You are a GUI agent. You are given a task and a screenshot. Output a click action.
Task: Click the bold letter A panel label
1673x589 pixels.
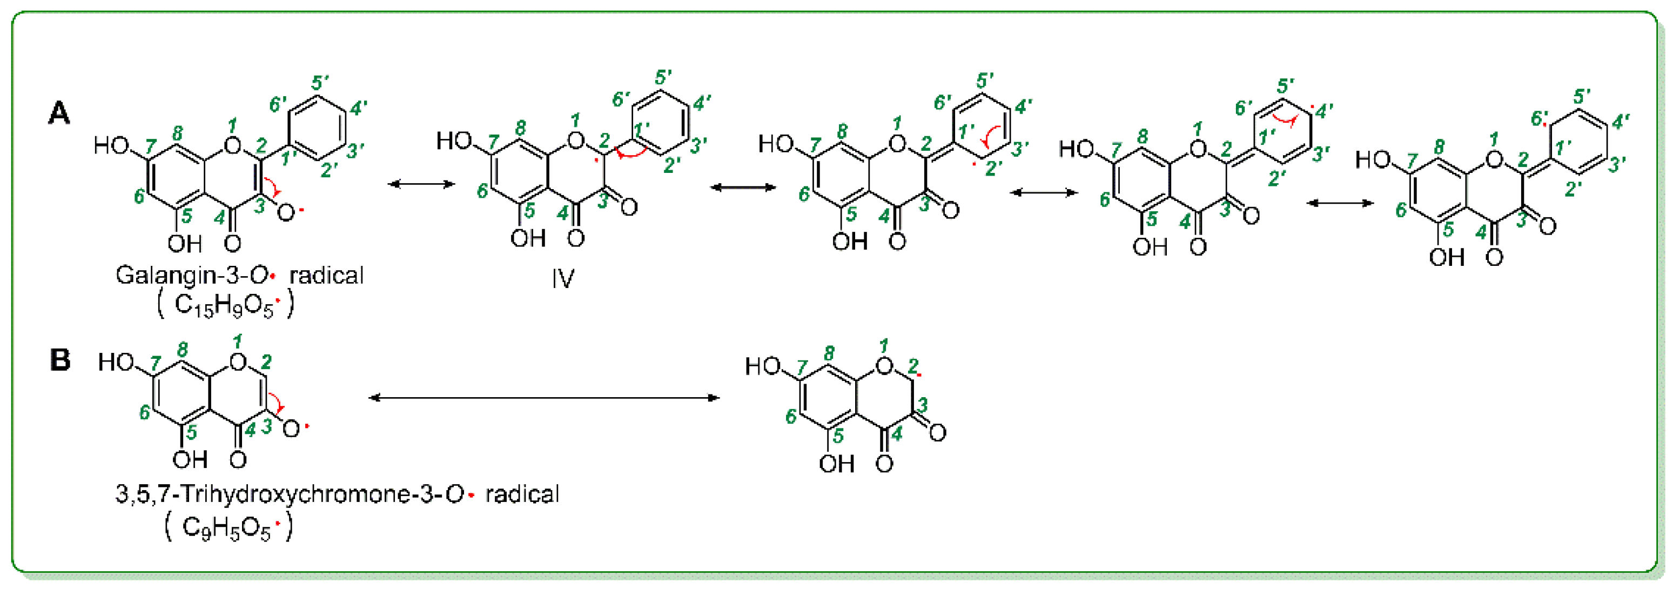pos(59,113)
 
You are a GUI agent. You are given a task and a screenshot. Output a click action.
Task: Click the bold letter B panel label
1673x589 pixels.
pos(60,359)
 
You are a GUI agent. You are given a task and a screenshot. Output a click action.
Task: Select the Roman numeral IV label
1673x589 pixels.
pos(563,279)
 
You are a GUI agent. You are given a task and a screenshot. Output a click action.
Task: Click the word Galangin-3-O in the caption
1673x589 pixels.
pos(192,276)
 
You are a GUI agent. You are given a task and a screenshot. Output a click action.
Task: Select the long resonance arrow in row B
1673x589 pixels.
pos(544,397)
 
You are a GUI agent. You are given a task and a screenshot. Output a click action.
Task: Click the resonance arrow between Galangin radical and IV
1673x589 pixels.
pos(421,184)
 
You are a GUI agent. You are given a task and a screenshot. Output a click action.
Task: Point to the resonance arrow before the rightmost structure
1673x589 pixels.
pos(1340,203)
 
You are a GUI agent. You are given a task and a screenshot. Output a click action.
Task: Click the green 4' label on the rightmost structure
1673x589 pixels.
pos(1622,122)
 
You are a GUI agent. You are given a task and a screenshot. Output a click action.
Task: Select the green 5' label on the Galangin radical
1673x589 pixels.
pos(320,83)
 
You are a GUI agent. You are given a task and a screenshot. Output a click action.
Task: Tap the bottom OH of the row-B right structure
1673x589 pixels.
pos(836,463)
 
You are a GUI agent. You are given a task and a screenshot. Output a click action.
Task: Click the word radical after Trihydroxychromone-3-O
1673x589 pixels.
pos(521,494)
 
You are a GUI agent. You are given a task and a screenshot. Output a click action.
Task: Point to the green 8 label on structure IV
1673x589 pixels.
pos(520,128)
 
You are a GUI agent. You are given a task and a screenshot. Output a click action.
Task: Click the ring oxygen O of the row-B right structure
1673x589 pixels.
pos(884,367)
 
